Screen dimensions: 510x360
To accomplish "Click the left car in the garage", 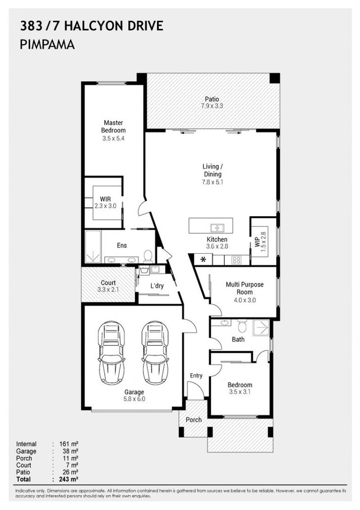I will [111, 353].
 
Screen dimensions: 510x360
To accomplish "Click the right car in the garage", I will [155, 353].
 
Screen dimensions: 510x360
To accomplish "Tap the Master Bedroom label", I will [114, 127].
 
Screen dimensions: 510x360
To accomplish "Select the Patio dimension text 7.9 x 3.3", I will [211, 106].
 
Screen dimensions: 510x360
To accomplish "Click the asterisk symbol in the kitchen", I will [203, 260].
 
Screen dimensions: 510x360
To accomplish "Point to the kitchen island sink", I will [217, 228].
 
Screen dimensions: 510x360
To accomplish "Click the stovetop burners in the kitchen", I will [235, 260].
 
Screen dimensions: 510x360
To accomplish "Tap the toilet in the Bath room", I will [242, 326].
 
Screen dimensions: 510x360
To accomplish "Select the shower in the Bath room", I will [260, 328].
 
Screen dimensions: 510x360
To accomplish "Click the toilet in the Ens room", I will [148, 255].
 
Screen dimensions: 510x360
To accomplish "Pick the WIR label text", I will [105, 198].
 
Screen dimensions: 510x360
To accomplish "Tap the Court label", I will [108, 283].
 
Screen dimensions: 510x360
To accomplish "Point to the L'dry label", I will [157, 286].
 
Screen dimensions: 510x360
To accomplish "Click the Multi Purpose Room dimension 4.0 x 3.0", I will [244, 299].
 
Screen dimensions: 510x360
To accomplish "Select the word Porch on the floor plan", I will [193, 419].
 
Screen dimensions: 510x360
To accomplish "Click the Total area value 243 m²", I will [68, 479].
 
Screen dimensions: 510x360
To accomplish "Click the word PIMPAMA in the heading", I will [47, 45].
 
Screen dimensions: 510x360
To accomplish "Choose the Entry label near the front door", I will [196, 376].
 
